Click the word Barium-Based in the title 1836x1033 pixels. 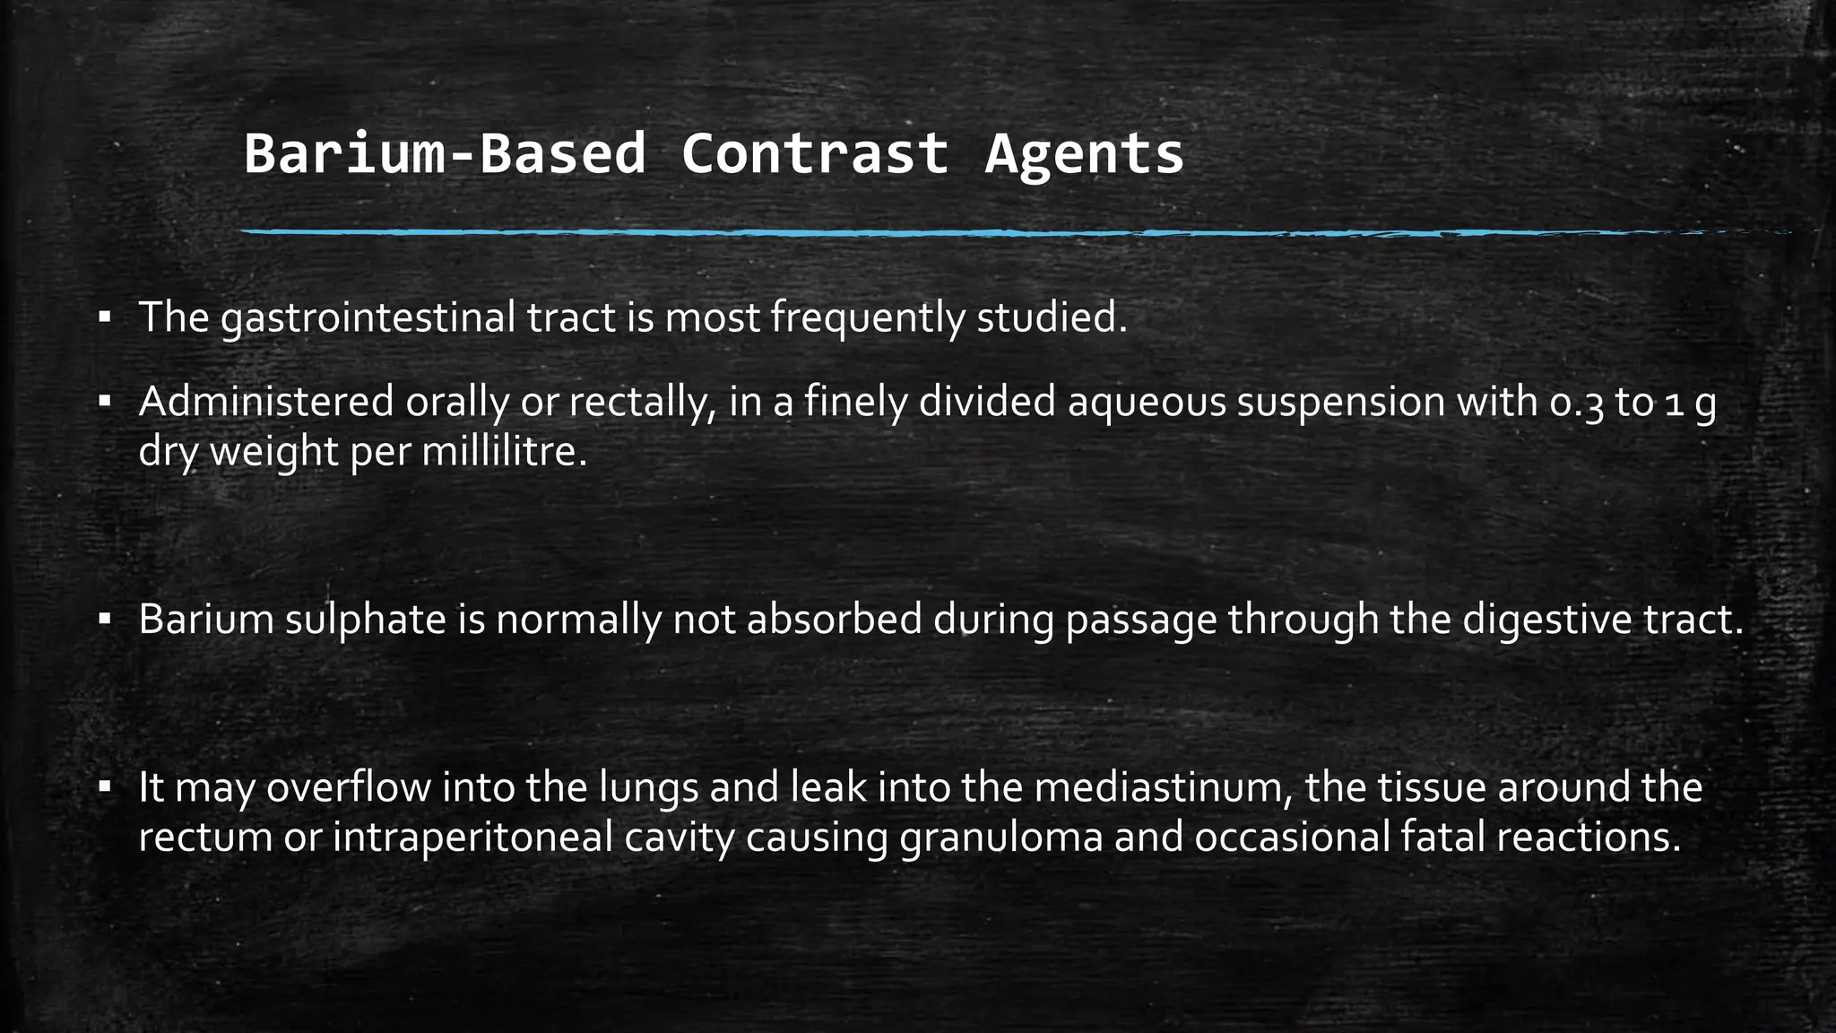(445, 153)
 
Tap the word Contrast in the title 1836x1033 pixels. (814, 153)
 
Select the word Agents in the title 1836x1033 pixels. (1084, 153)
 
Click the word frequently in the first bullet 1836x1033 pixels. (867, 318)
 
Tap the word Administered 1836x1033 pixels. (266, 402)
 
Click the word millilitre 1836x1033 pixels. (504, 451)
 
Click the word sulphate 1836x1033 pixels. (366, 620)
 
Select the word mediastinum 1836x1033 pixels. (1163, 788)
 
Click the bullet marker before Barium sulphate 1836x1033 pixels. (105, 619)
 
